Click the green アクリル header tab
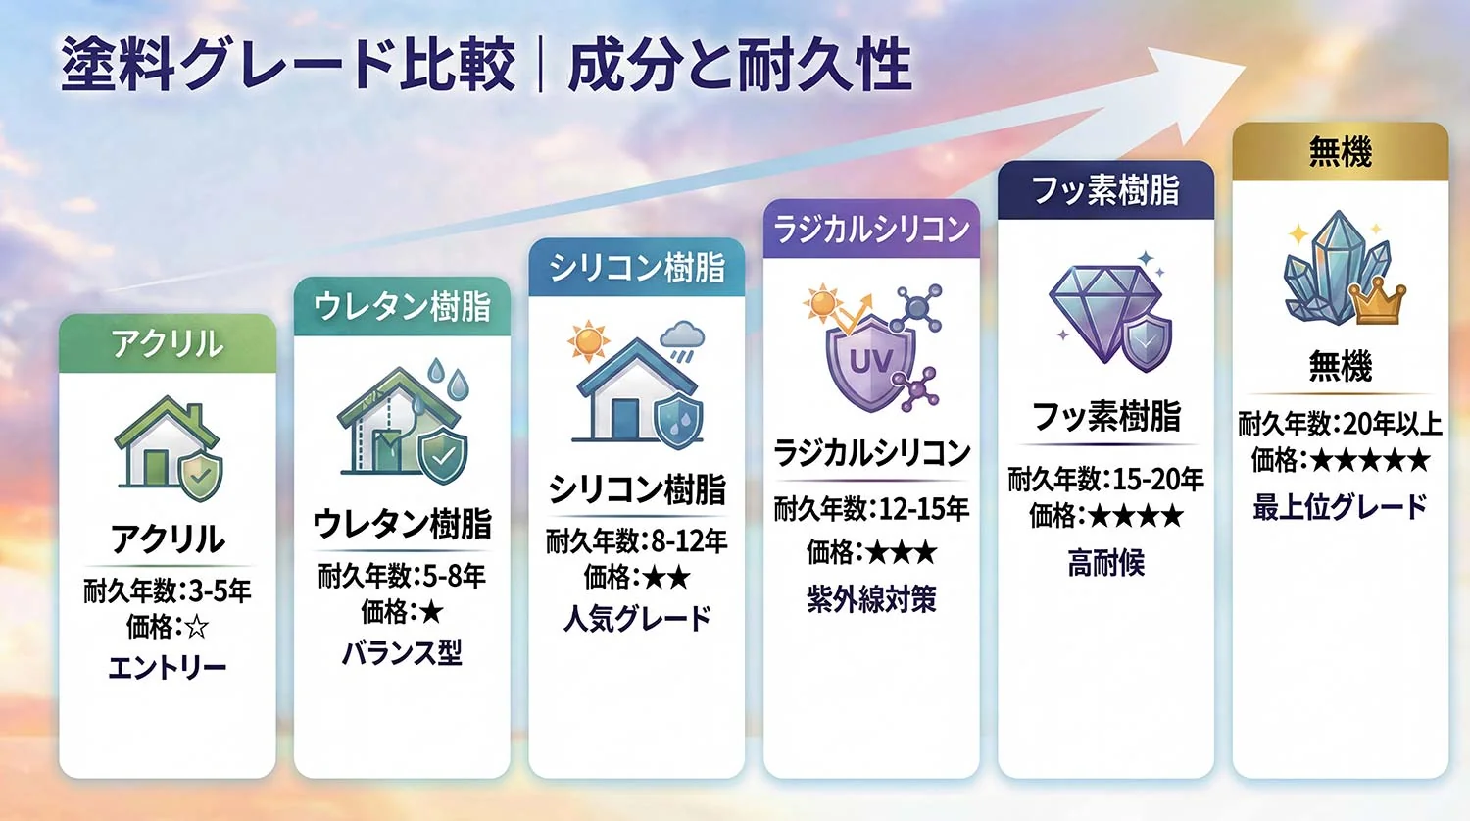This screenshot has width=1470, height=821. [167, 343]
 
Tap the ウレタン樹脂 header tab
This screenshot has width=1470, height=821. [402, 306]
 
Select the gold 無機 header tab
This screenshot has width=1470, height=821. [1340, 152]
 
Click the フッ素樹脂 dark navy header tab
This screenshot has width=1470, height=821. [1105, 189]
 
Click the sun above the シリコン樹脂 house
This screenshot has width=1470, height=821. [588, 341]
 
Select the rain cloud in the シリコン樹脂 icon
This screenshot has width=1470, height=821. [682, 338]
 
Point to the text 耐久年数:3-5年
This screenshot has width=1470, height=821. [168, 590]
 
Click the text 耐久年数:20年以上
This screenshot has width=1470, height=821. [1340, 424]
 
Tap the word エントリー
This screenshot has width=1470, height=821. [168, 668]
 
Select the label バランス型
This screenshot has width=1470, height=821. [402, 653]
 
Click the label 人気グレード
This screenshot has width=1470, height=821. [637, 618]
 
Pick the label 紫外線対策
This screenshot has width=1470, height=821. [871, 598]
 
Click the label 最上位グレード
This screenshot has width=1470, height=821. [1340, 507]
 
